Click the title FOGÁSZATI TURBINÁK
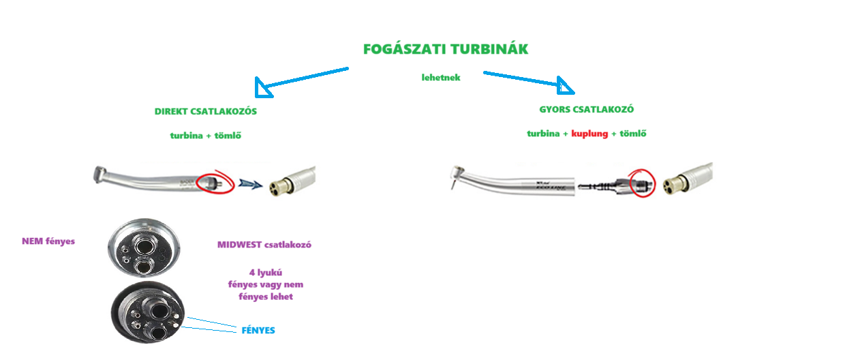446,50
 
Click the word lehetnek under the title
441,78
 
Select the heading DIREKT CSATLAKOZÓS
206,111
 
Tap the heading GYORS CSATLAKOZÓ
587,109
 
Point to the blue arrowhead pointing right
565,86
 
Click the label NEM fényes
48,241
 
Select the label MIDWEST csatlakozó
264,245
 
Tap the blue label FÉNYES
258,331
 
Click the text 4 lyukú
266,273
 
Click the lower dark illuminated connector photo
149,313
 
